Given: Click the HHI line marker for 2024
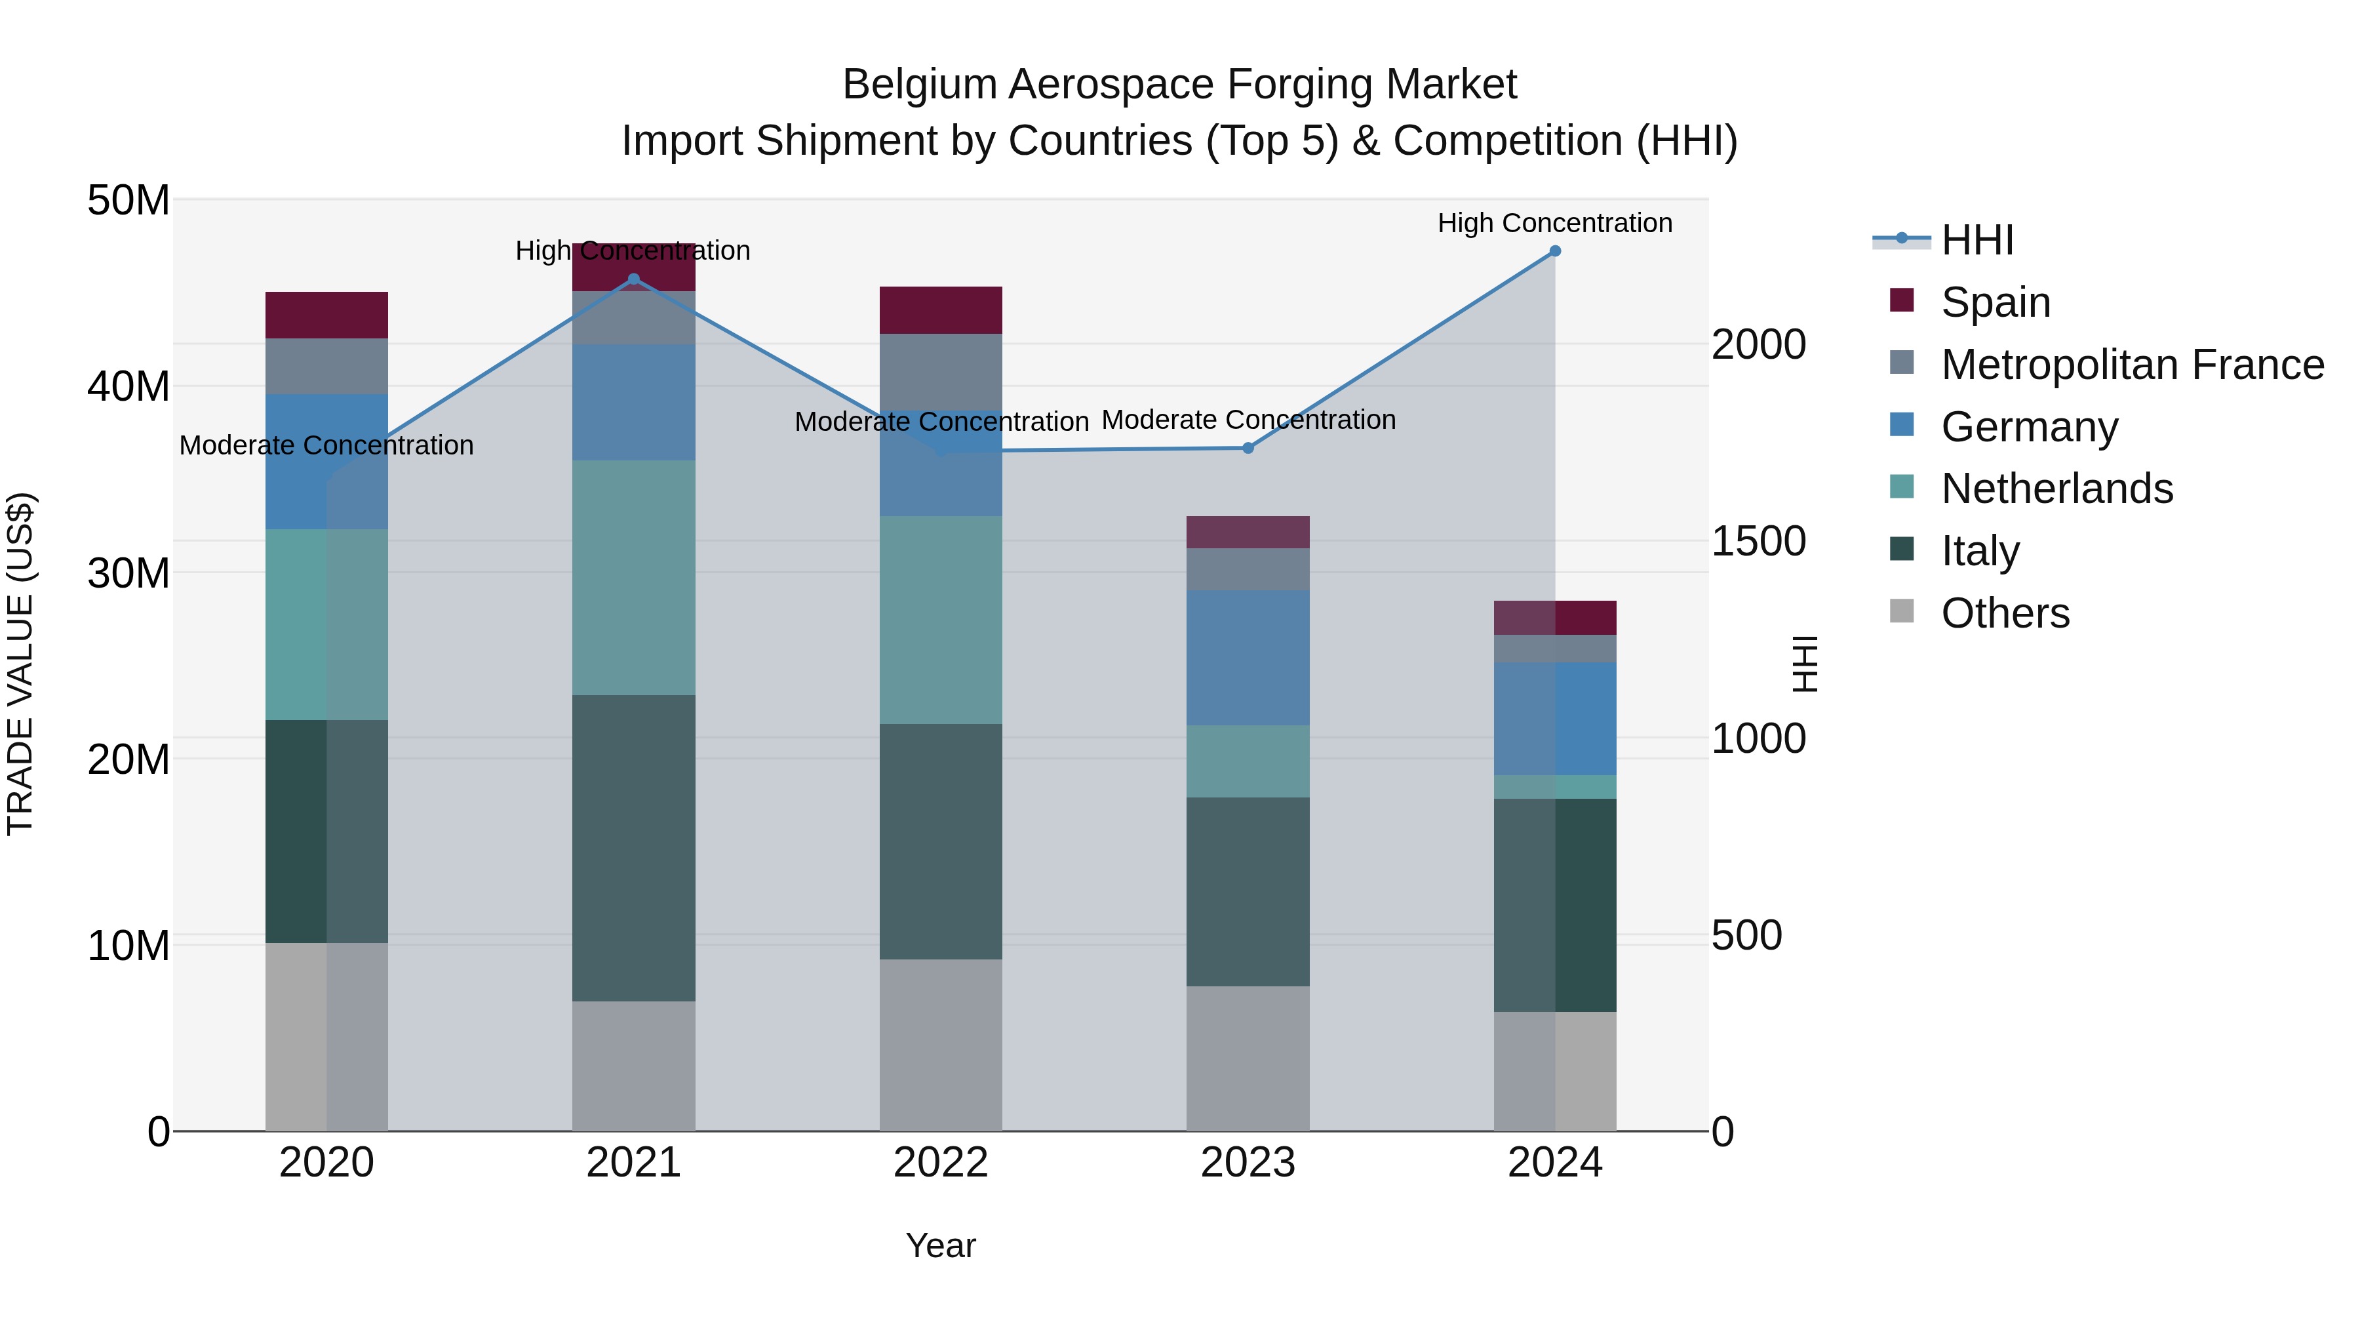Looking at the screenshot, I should tap(1555, 251).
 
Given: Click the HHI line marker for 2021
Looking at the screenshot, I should tap(633, 279).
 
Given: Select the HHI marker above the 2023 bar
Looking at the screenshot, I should tap(1248, 447).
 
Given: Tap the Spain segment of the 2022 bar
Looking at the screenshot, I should tap(941, 310).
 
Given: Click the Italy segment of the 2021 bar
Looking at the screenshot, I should tap(633, 848).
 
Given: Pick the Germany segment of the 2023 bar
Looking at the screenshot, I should tap(1248, 658).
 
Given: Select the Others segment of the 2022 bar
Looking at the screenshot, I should tap(941, 1045).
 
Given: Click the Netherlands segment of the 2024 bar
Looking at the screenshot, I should tap(1555, 786).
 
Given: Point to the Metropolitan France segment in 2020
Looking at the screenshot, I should tap(326, 367).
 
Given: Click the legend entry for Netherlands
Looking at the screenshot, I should tap(2056, 489).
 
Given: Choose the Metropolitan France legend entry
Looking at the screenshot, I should tap(2132, 365).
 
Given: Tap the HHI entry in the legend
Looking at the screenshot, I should tap(1977, 240).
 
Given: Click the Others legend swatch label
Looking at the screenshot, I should tap(2005, 613).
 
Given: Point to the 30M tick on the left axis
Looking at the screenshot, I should tap(128, 573).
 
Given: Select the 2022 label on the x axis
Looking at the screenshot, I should tap(941, 1163).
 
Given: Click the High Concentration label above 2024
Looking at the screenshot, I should tap(1555, 223).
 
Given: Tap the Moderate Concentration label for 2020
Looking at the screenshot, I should tap(326, 445).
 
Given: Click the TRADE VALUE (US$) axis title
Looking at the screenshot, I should tap(20, 664).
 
